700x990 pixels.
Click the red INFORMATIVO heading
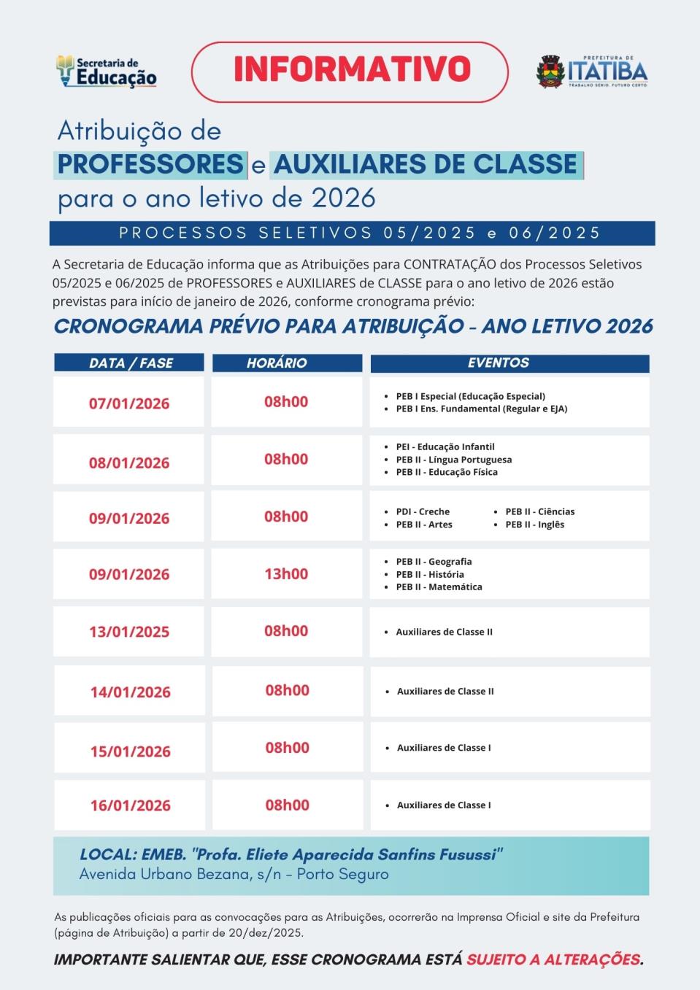tap(352, 69)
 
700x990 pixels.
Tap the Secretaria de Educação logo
tap(107, 71)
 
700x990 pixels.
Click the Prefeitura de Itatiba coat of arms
tap(551, 72)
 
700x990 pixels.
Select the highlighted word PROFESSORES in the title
tap(150, 164)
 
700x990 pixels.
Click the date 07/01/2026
tap(129, 403)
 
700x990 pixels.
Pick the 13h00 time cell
tap(286, 573)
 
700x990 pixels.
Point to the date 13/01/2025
tap(129, 632)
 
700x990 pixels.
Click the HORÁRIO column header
tap(277, 363)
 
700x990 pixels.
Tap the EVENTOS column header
tap(499, 363)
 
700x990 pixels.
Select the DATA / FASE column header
tap(131, 363)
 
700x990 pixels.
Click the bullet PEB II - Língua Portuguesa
tap(453, 460)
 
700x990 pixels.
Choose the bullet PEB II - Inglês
tap(534, 525)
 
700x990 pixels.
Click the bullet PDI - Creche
tap(423, 511)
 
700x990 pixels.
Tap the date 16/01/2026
tap(131, 805)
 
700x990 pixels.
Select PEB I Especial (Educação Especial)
tap(470, 396)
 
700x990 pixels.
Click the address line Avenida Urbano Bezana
tap(234, 874)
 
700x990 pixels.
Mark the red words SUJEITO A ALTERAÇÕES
tap(554, 959)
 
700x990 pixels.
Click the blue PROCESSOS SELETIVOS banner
tap(352, 233)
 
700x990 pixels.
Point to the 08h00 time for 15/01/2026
tap(287, 748)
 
